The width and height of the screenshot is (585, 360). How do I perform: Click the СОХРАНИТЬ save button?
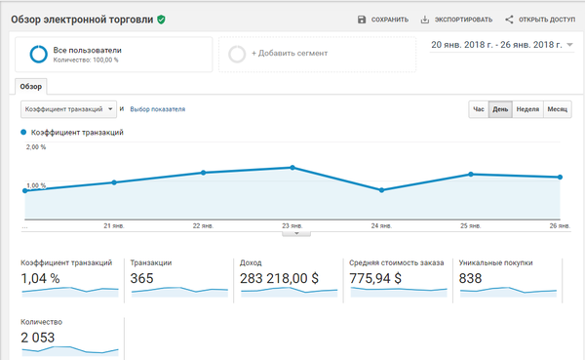pos(383,20)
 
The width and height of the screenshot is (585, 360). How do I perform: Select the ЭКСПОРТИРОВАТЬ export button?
pos(456,20)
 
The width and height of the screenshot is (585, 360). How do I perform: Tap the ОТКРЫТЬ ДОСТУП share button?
pos(540,20)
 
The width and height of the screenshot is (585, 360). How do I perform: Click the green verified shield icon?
pos(161,20)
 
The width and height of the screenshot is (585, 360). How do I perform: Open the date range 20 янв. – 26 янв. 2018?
pos(501,45)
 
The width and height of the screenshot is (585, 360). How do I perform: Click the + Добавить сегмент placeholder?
pos(317,54)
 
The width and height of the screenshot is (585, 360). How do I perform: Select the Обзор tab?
pos(31,87)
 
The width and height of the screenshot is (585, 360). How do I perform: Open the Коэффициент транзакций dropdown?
pos(68,109)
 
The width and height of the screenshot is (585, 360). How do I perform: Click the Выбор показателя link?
pos(157,109)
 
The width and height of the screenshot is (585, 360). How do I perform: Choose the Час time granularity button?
pos(479,109)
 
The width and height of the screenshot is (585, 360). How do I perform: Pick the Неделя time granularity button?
pos(527,109)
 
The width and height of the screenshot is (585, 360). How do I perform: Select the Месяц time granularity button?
pos(558,109)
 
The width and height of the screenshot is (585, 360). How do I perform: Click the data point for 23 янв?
pos(292,168)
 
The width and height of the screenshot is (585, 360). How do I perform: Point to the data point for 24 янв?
pos(381,190)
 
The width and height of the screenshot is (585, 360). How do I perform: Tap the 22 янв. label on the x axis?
pos(204,226)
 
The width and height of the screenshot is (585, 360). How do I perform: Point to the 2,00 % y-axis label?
pos(36,147)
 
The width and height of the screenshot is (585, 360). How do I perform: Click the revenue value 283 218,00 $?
pos(279,278)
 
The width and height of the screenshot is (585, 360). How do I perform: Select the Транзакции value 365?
pos(141,278)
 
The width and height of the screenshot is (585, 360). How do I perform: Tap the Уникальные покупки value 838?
pos(471,278)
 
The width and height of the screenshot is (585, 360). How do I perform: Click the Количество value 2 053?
pos(38,338)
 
